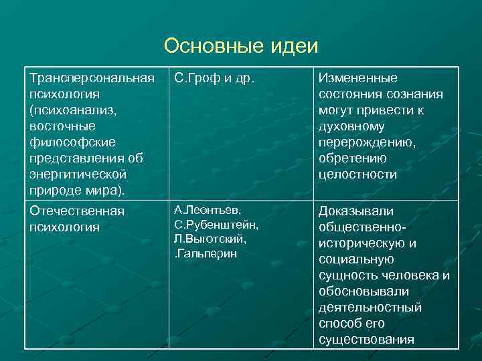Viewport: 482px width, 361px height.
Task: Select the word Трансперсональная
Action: coord(87,78)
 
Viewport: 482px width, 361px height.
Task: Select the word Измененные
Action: coord(357,78)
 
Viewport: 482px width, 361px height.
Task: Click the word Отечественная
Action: coord(77,211)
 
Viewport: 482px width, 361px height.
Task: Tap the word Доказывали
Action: coord(356,211)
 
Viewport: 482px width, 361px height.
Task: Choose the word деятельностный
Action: coord(370,308)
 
